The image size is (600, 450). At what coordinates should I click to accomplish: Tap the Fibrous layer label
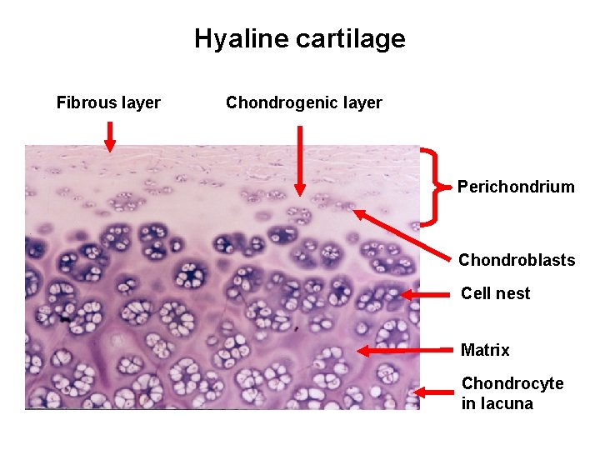[x=108, y=103]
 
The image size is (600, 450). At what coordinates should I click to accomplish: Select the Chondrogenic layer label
[x=303, y=103]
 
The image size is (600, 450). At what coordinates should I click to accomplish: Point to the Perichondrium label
[x=516, y=187]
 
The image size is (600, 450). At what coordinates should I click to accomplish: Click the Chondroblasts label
[x=516, y=260]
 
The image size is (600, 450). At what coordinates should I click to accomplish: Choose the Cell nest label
[x=495, y=293]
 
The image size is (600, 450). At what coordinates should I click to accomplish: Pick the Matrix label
[x=485, y=350]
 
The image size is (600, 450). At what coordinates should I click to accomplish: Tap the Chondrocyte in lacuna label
[x=512, y=393]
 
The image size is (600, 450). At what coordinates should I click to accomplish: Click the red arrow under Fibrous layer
[x=109, y=136]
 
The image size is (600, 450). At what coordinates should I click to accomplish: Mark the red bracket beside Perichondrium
[x=431, y=187]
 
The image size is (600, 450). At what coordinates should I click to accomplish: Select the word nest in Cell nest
[x=513, y=293]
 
